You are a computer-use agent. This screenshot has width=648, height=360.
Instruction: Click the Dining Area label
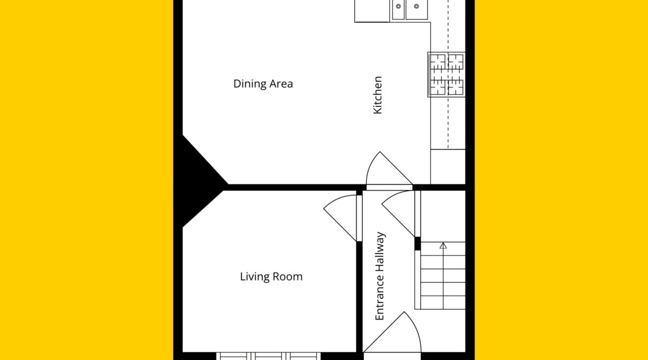coord(263,84)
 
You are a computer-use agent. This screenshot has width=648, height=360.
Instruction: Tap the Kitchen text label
coord(377,95)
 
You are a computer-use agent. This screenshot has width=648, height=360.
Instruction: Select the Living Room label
coord(271,276)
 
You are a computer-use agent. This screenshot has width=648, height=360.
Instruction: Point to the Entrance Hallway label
coord(380,276)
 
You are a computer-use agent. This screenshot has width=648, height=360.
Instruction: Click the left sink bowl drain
coord(398,6)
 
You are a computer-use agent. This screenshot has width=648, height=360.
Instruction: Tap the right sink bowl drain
coord(416,6)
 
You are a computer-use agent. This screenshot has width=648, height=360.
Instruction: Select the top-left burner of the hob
coord(438,62)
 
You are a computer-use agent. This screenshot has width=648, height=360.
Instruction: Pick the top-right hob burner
coord(455,62)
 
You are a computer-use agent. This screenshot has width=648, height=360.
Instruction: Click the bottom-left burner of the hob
coord(438,87)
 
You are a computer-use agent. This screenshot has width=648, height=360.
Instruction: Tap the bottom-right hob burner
coord(455,87)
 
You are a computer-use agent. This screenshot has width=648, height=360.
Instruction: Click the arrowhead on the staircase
coord(443,245)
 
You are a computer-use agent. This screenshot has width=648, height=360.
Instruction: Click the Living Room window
coord(268,356)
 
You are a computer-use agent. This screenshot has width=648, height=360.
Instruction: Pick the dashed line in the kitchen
coord(448,74)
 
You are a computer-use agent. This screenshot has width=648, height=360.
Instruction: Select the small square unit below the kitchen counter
coord(448,167)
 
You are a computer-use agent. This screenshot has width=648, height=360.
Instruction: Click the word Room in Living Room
coord(288,276)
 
